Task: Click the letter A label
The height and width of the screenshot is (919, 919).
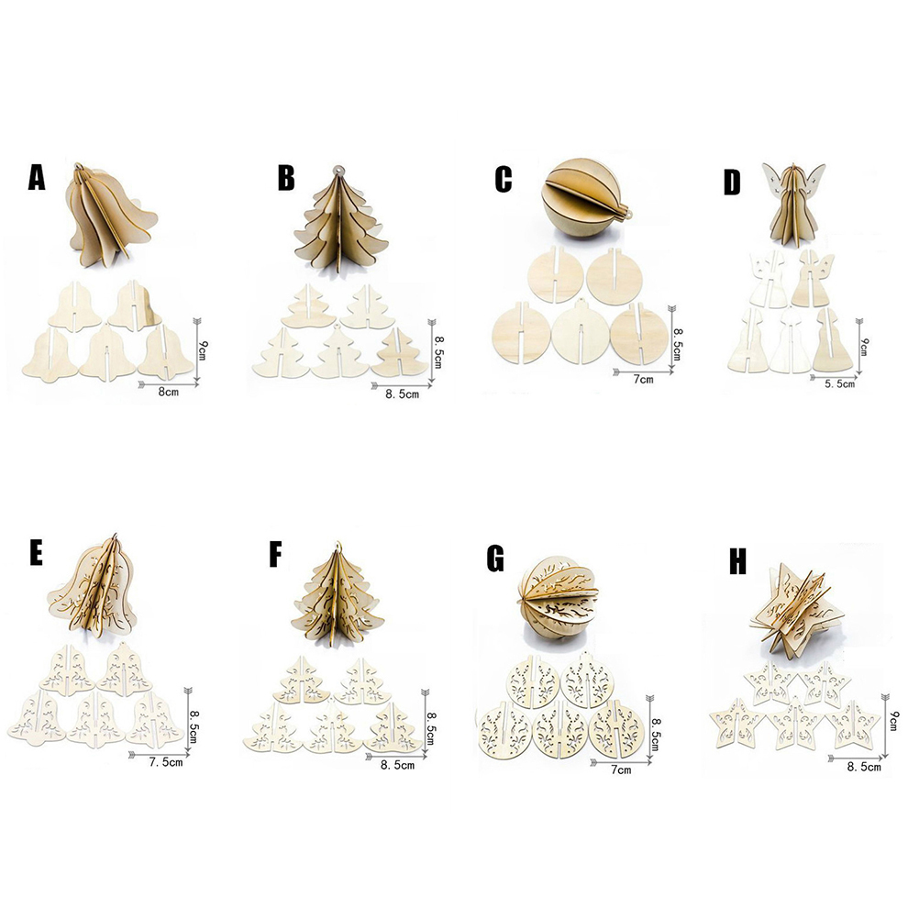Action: point(37,178)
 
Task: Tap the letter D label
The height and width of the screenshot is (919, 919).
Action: point(732,183)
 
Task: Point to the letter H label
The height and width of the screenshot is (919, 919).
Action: point(738,562)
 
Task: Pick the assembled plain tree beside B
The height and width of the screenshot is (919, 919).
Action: point(340,220)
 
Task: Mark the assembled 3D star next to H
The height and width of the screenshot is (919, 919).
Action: point(796,612)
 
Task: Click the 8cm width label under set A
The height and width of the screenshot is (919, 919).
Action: point(169,392)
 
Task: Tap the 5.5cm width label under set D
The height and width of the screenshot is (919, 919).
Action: point(840,383)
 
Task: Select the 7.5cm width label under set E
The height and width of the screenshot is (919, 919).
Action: point(166,762)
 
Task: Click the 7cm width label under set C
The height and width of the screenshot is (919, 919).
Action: point(643,379)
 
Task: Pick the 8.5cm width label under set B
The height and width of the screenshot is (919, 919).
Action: point(402,393)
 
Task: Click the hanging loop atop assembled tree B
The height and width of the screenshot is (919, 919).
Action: point(337,171)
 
